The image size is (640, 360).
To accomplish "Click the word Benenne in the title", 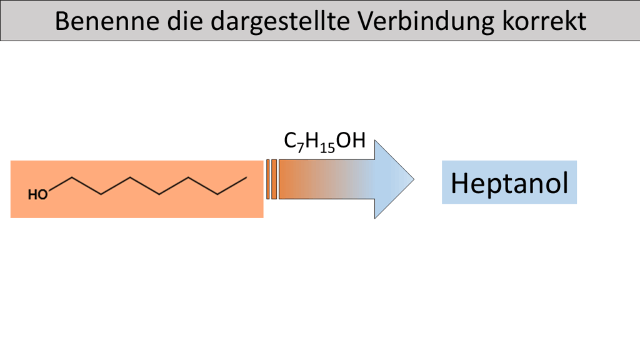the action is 107,21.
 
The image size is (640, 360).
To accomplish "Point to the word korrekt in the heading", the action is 544,21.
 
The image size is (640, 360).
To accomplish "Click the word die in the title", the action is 185,21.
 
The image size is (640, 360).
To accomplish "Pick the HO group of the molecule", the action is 37,195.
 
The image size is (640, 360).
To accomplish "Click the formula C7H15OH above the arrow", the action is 324,142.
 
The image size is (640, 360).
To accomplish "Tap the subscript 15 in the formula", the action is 327,147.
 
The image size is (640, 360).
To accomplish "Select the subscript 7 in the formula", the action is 301,147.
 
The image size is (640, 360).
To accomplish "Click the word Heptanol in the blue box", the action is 509,183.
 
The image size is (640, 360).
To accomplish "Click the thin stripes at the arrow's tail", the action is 271,179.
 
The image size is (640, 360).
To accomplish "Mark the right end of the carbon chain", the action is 246,177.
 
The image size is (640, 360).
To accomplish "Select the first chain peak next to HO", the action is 72,177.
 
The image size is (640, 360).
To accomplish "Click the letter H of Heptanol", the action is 459,183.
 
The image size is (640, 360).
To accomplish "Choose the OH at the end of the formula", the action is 351,141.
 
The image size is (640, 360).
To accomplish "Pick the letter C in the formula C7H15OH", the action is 290,141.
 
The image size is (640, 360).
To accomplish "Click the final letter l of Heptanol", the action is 566,182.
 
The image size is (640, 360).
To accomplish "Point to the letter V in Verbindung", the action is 366,21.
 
